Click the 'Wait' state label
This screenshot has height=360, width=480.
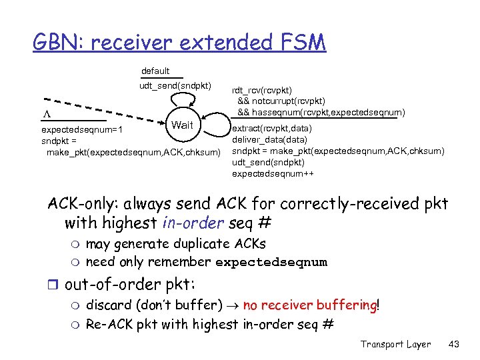click(x=182, y=125)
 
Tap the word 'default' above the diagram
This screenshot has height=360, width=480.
click(x=155, y=71)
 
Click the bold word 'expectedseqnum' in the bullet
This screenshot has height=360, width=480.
click(x=271, y=262)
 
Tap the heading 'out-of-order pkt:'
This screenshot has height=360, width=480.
click(x=129, y=285)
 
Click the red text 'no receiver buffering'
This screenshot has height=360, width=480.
click(x=309, y=306)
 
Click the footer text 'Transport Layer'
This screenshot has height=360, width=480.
click(x=395, y=344)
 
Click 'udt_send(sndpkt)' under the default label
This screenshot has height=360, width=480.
click(x=175, y=85)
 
